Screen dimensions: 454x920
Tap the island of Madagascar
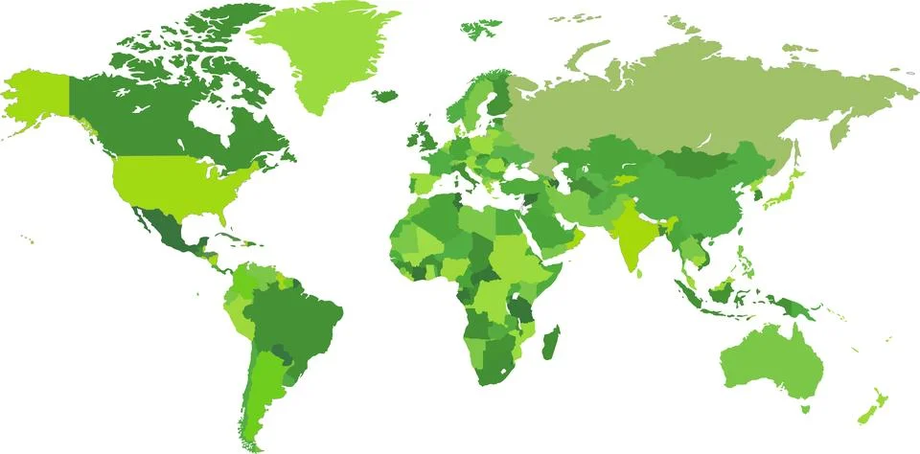point(551,342)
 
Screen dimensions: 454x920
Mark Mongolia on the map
point(704,163)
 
